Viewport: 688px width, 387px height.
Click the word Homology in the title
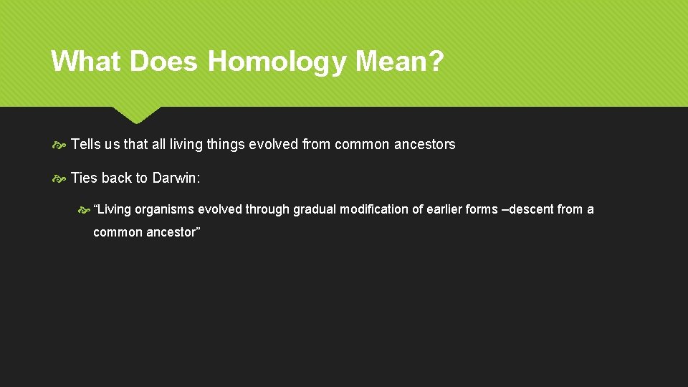[x=277, y=62]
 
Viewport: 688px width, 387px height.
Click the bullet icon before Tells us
[x=59, y=145]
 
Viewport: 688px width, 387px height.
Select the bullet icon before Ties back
[x=59, y=178]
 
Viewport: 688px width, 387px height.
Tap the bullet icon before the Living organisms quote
[x=84, y=210]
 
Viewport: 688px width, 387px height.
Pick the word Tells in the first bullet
[x=86, y=144]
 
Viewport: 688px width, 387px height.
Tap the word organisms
[x=164, y=209]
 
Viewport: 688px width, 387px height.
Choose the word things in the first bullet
[x=225, y=144]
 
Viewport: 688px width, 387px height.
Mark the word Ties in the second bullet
[x=85, y=178]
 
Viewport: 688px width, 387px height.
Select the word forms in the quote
[x=482, y=209]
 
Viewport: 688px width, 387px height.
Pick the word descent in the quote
[x=531, y=209]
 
